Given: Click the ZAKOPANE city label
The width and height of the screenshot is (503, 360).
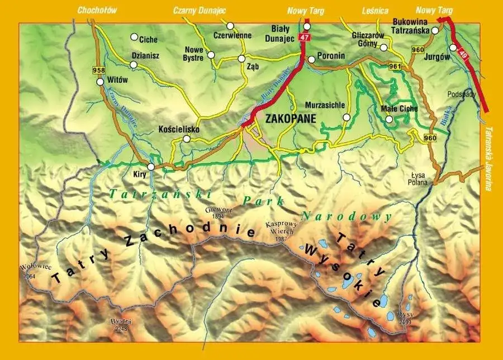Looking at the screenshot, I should point(291,119).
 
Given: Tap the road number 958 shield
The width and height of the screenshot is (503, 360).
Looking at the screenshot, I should point(98,70).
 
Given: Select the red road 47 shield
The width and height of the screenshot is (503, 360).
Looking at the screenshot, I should point(303,37).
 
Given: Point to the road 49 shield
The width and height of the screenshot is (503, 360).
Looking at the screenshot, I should point(463,55).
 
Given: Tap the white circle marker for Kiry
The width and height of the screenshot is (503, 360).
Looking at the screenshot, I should point(150,167).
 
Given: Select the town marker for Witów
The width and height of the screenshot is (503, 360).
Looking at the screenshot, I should point(100,82).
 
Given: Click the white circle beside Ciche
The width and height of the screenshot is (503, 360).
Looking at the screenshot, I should point(134,37).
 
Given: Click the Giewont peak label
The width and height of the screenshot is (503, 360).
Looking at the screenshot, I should point(215,212).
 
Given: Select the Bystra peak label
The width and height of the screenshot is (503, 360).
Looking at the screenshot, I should point(120,324).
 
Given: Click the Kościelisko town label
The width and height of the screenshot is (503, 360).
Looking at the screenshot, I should point(179,128).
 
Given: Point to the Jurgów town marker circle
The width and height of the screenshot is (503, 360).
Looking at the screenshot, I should point(453,48).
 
